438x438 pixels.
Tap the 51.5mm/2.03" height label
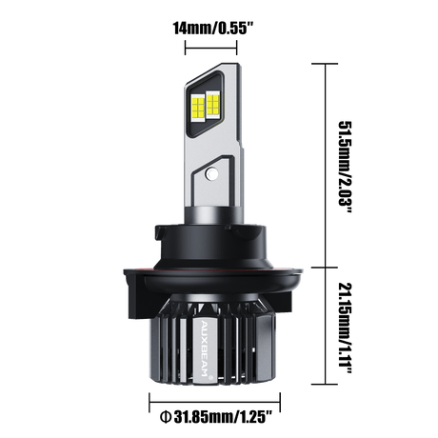[x=346, y=168]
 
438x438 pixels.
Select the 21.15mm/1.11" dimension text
[x=346, y=328]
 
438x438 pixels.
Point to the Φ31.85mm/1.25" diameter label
[x=216, y=416]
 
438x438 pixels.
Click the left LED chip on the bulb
[x=198, y=107]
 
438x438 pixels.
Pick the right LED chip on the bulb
[x=213, y=104]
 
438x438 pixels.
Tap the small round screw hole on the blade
[x=210, y=173]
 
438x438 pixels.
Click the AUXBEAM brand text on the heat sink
[x=205, y=347]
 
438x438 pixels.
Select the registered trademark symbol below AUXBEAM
[x=209, y=377]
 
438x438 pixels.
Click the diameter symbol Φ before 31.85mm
[x=166, y=416]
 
